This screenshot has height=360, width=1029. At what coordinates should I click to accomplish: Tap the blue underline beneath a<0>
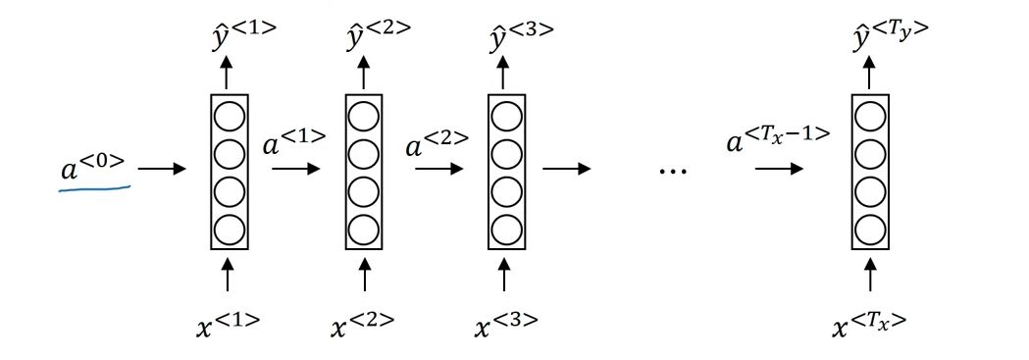pyautogui.click(x=94, y=189)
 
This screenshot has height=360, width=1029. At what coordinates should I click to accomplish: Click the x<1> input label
pyautogui.click(x=228, y=324)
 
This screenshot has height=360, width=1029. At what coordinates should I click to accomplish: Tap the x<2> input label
pyautogui.click(x=361, y=324)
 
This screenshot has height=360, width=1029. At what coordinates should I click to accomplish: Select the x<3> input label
pyautogui.click(x=505, y=324)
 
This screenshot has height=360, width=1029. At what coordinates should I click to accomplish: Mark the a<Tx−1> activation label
pyautogui.click(x=778, y=140)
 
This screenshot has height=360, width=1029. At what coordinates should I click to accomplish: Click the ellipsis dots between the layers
pyautogui.click(x=673, y=171)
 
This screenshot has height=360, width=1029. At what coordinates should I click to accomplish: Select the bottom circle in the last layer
pyautogui.click(x=871, y=230)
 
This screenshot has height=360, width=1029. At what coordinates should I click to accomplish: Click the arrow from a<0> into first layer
pyautogui.click(x=163, y=169)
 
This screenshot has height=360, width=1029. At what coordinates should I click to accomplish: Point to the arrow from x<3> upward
pyautogui.click(x=504, y=275)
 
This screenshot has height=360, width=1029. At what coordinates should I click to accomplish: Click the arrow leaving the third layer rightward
pyautogui.click(x=567, y=169)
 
